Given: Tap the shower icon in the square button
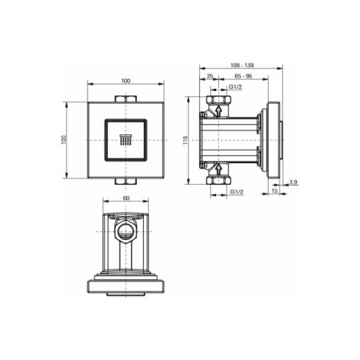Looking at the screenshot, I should (x=126, y=141).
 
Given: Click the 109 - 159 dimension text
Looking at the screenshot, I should (x=240, y=65).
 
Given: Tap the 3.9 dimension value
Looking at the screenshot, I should (x=294, y=183).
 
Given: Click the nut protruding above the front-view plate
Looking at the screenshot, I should (x=126, y=98).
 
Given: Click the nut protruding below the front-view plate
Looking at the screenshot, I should (x=126, y=182).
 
